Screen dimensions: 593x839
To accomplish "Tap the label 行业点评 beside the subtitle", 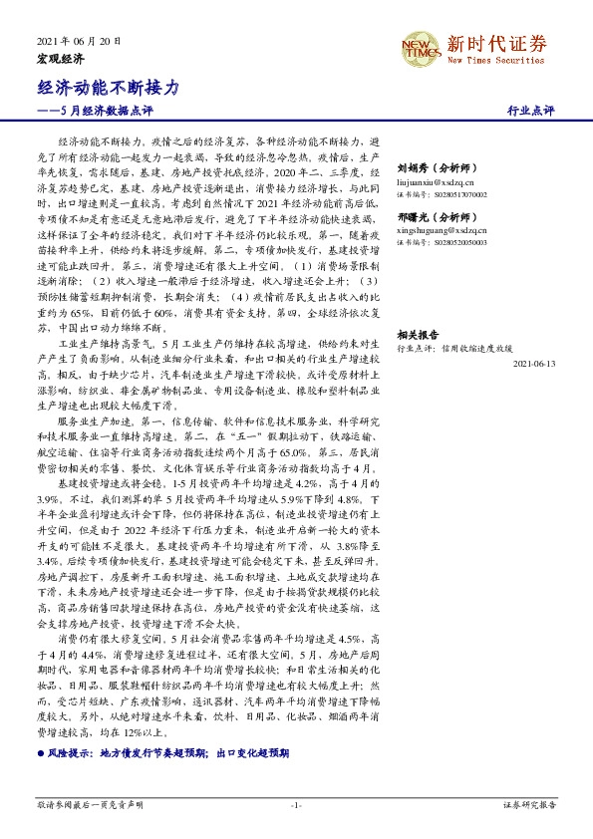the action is point(530,110).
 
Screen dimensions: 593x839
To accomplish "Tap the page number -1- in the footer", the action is point(296,804).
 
